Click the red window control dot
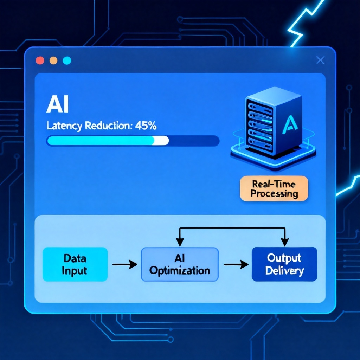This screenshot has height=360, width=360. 40,60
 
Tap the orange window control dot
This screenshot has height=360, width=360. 53,60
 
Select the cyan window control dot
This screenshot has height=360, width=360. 67,60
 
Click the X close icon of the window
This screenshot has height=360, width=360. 320,60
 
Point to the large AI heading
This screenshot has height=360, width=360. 57,105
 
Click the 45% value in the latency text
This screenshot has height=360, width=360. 146,126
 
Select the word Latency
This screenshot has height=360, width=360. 64,126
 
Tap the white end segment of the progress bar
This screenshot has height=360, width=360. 161,141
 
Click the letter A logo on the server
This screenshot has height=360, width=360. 290,125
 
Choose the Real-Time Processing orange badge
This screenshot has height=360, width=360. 274,188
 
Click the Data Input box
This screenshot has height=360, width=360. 75,264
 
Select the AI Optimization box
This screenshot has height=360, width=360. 180,264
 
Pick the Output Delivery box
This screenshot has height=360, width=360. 284,264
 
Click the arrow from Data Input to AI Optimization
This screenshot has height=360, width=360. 125,264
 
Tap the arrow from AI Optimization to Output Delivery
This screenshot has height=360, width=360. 236,264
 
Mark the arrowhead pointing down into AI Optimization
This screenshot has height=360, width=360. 180,242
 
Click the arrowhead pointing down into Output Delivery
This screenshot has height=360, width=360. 285,242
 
